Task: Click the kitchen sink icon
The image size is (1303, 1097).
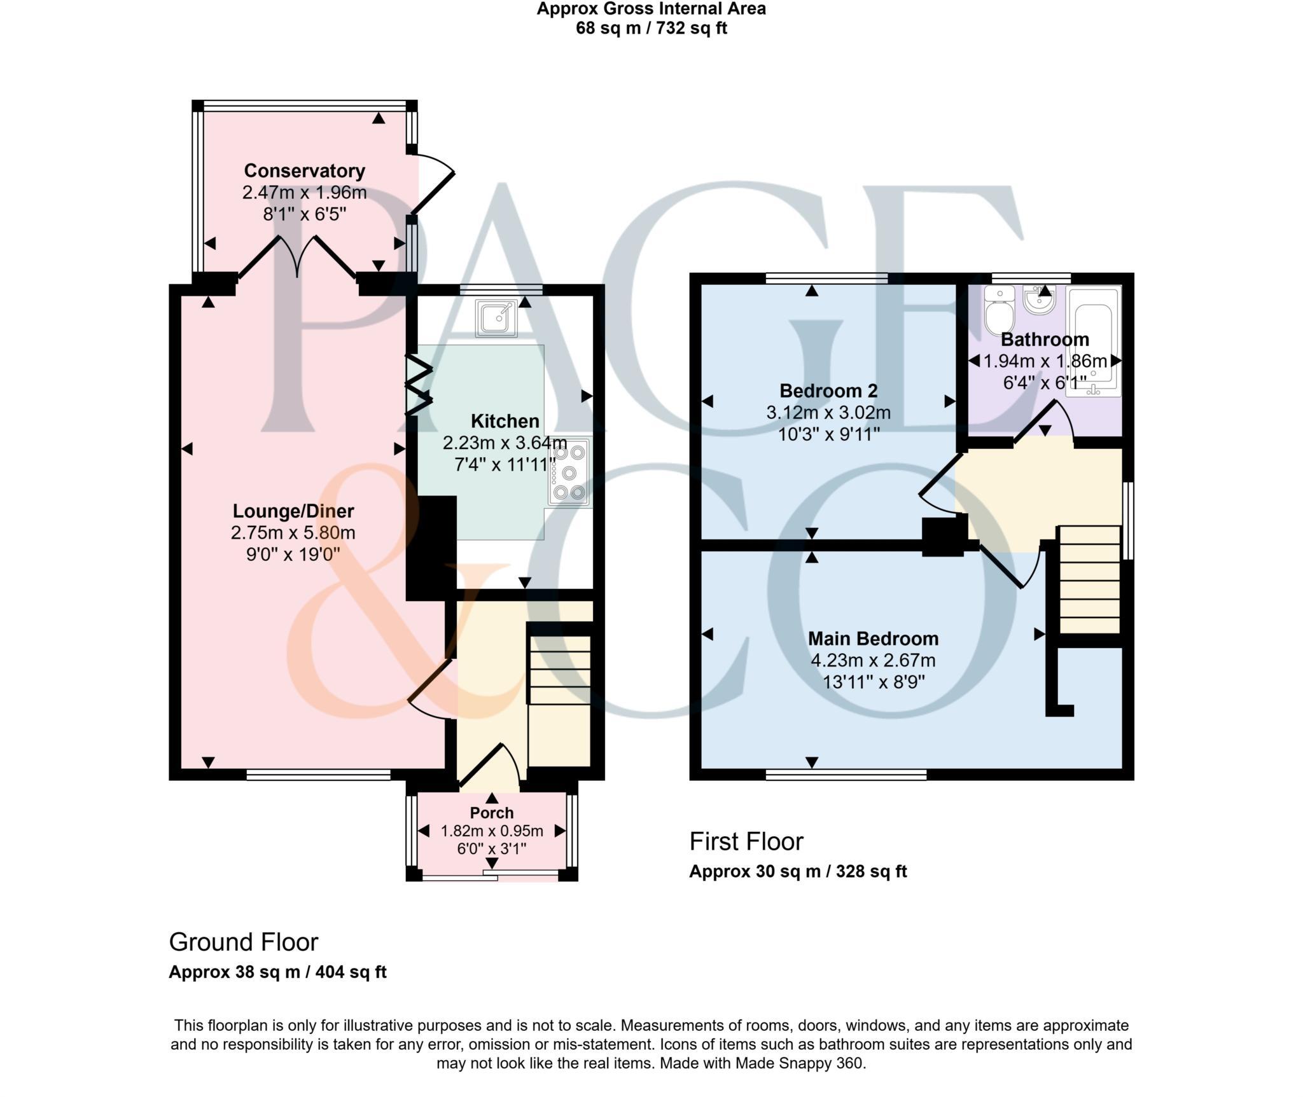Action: point(497,317)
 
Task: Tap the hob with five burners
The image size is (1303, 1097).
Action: point(569,472)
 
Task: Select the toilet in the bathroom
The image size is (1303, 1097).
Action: point(999,311)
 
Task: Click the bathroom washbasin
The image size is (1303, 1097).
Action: point(1040,300)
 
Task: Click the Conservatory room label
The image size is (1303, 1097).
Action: point(304,170)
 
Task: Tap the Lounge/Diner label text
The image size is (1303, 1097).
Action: point(293,511)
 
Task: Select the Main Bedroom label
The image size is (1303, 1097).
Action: point(873,638)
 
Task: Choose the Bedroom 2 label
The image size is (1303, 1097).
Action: point(828,390)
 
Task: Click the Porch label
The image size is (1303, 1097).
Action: point(492,813)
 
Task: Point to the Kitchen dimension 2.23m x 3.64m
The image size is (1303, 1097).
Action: point(505,443)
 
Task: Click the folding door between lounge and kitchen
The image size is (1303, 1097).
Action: point(418,385)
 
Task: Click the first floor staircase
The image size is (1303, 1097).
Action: point(1089,579)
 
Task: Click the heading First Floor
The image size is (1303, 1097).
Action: point(746,841)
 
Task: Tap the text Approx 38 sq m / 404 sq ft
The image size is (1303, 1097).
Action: point(277,972)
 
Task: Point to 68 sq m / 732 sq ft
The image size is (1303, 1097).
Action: point(651,28)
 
